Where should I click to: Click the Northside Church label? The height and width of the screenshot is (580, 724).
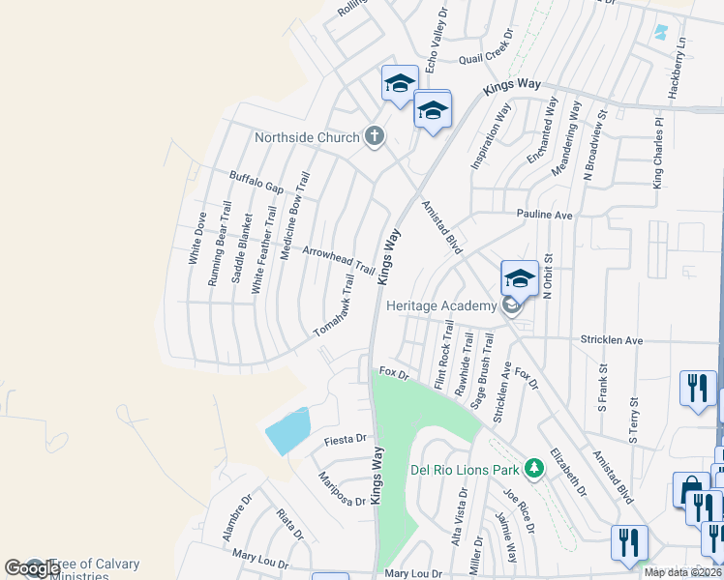point(307,137)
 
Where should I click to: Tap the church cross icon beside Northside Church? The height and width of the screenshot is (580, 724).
point(375,136)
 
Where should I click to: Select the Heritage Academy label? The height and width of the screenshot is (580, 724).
point(441,305)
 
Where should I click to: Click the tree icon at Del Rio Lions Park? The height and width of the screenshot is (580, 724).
point(533,469)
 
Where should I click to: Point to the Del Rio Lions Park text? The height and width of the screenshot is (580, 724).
point(467,470)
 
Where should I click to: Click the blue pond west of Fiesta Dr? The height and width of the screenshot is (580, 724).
point(288,431)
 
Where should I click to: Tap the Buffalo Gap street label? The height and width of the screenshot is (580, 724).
point(256,181)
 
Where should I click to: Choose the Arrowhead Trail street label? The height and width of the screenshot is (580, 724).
point(338,259)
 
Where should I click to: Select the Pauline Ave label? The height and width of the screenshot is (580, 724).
point(545,215)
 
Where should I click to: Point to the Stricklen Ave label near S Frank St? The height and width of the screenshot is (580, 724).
point(612,341)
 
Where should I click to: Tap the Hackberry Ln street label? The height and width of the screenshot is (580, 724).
point(681,68)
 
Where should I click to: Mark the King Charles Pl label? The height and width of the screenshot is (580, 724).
point(658,154)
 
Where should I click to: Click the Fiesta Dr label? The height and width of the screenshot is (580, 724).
point(346,439)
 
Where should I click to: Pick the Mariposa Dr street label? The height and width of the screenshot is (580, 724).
point(344,488)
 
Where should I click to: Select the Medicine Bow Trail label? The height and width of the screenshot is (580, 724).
point(294,217)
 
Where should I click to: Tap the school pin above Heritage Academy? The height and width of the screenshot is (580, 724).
point(520,279)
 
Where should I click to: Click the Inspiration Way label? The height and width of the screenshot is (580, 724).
point(490,136)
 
